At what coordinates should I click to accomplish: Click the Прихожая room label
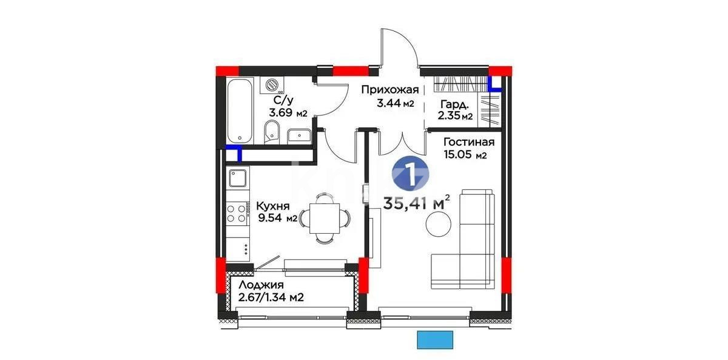390,90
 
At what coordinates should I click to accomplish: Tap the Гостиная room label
468,142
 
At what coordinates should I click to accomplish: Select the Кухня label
271,205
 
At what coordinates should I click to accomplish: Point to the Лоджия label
260,285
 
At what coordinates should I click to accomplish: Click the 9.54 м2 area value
276,219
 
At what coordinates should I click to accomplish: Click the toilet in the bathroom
273,130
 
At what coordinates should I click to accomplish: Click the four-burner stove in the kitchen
237,212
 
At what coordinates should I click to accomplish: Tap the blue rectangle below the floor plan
436,340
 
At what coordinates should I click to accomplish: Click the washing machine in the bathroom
272,85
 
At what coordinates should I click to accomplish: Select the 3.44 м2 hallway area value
395,104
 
